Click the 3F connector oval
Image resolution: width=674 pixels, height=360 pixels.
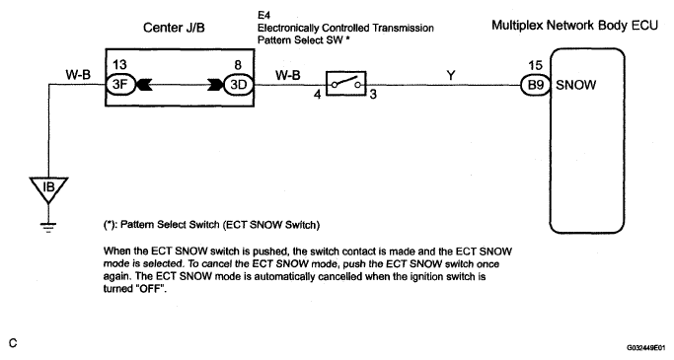(120, 84)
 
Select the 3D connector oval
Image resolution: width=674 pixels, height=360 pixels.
(239, 84)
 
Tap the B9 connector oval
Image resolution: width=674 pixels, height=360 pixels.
(536, 85)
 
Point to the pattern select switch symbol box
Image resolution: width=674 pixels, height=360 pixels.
(346, 83)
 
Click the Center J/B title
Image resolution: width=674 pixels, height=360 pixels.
(174, 28)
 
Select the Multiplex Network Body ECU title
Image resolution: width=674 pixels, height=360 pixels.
(574, 26)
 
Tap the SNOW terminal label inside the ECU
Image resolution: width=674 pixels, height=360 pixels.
(576, 85)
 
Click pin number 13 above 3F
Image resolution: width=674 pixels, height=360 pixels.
(119, 64)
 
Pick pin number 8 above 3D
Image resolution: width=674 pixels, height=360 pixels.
(238, 65)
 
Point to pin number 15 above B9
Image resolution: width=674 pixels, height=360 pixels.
(535, 65)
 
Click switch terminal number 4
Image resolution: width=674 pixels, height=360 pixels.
(317, 94)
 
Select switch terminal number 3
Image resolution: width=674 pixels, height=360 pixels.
(373, 94)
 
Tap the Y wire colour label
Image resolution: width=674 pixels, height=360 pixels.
(450, 76)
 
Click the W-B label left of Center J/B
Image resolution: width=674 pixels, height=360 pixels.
(78, 75)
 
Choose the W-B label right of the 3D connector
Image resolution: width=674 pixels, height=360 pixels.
(287, 76)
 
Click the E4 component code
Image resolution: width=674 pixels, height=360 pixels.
(263, 16)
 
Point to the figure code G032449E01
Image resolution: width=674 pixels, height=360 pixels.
(645, 347)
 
